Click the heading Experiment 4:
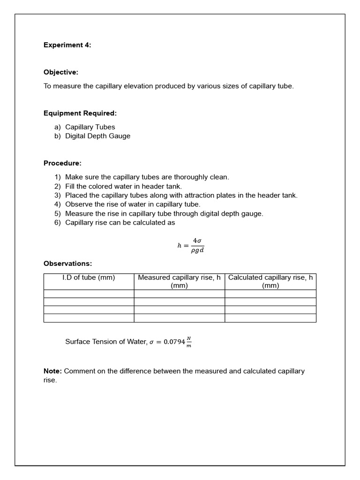(x=67, y=45)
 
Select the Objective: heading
(x=61, y=72)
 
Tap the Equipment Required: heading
(x=80, y=113)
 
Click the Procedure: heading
(x=62, y=163)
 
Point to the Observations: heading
(x=68, y=263)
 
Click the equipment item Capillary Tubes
(x=90, y=127)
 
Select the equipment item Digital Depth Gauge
(x=97, y=136)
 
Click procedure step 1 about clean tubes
(x=147, y=177)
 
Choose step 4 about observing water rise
(x=133, y=204)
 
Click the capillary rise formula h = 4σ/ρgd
(x=191, y=245)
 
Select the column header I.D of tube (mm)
(x=89, y=277)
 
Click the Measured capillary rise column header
(x=179, y=281)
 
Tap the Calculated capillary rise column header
(x=270, y=281)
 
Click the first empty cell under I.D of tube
(x=89, y=294)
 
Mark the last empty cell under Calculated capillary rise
(x=270, y=318)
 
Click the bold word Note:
(x=52, y=371)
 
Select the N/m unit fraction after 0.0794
(x=189, y=342)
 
